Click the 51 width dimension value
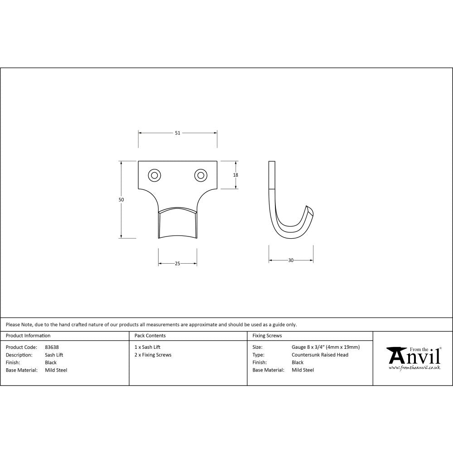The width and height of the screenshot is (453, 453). (178, 133)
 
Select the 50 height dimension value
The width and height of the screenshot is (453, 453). (121, 200)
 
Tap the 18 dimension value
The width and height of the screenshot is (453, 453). (236, 175)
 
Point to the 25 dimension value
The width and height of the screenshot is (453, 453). (178, 264)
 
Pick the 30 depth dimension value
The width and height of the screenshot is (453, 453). (291, 260)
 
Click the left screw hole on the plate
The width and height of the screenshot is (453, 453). (154, 175)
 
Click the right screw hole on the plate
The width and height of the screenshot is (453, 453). (201, 175)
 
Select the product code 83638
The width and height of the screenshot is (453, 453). (52, 347)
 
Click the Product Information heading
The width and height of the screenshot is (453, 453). (28, 336)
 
